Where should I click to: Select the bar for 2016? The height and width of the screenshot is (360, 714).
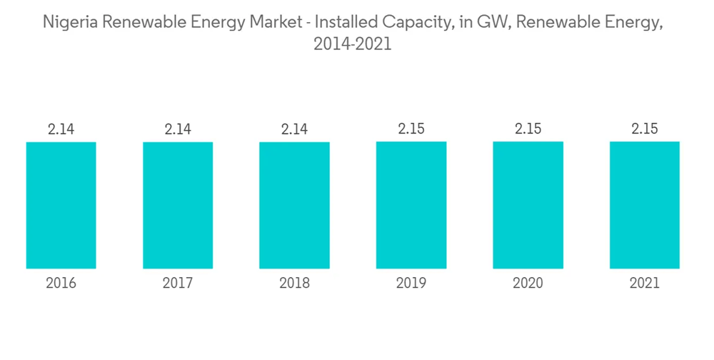coord(61,206)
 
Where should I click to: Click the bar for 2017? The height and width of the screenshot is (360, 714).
coord(178,206)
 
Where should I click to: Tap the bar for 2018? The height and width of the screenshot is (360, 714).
coord(294,206)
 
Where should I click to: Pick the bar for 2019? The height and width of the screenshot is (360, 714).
coord(411,206)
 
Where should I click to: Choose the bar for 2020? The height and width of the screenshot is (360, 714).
coord(528,206)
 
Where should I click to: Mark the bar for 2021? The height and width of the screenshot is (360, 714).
coord(644,206)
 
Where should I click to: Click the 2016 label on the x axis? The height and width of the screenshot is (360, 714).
coord(61,284)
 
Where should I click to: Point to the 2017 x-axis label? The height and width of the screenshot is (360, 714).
coord(178,284)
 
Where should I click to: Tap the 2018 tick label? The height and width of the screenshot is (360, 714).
coord(294,284)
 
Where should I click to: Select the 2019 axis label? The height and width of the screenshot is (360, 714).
coord(411,284)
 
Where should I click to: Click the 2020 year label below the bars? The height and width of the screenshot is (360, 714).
coord(528,284)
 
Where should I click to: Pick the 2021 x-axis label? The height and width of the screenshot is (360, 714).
coord(644,284)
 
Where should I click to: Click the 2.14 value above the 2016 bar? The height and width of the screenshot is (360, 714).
coord(61,129)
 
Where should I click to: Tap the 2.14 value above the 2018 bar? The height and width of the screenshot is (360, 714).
coord(294,129)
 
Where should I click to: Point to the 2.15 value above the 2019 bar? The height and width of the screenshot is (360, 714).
coord(411,129)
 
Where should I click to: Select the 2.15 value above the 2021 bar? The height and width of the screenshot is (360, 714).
coord(644,129)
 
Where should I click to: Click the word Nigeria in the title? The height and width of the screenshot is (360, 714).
coord(71,21)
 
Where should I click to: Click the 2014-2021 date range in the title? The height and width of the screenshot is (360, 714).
coord(353,44)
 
